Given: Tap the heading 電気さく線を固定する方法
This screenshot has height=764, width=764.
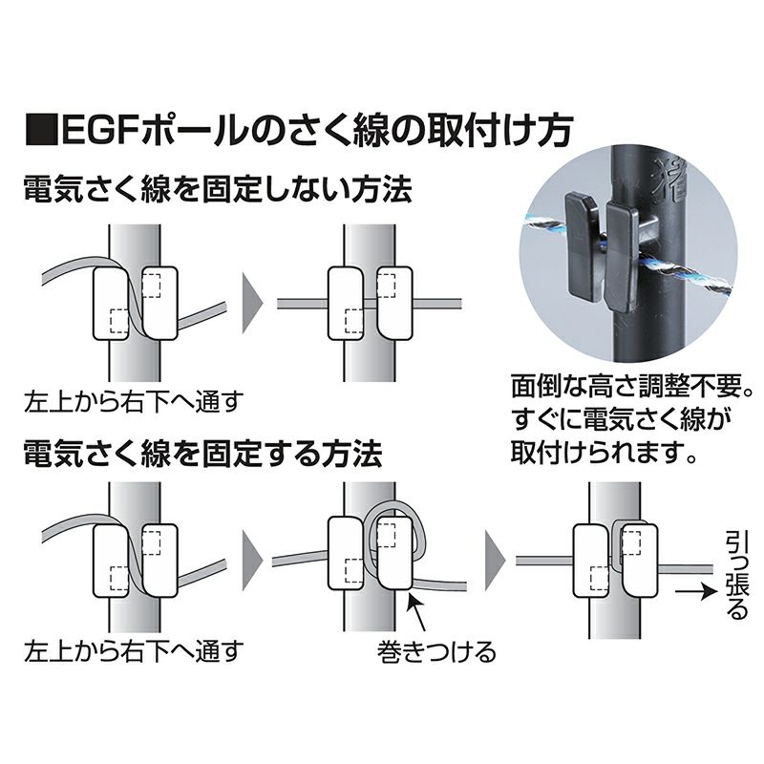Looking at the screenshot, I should click(203, 451).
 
